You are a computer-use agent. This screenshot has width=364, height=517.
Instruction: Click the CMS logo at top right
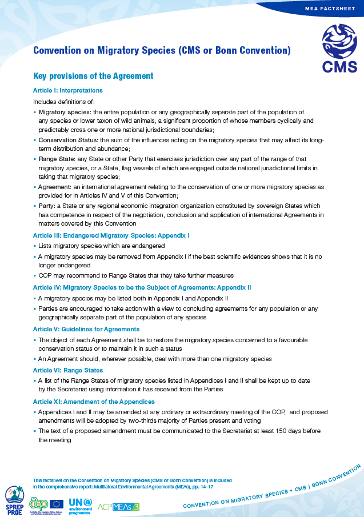(x=339, y=48)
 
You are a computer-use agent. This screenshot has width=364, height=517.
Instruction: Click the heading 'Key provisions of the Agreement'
(x=93, y=76)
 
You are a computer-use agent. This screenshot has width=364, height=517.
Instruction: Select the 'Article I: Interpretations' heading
(x=68, y=90)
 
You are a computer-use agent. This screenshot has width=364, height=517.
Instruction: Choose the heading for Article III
(x=111, y=235)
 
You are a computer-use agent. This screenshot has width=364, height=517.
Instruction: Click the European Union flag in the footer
(x=57, y=503)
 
